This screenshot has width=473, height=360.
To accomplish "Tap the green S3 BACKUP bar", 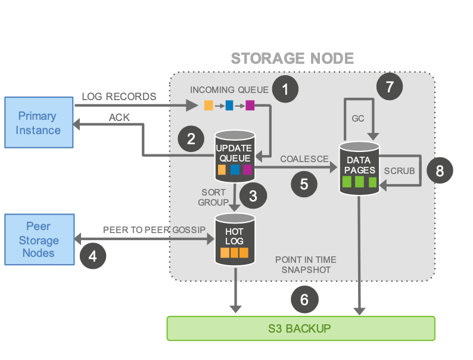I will click(x=300, y=328).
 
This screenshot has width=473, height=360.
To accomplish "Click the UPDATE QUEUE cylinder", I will click(x=235, y=158).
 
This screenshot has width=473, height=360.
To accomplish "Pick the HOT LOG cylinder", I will click(x=235, y=238).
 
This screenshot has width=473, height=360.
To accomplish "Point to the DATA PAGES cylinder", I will click(x=359, y=167).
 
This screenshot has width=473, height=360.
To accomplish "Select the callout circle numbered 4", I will click(x=92, y=255).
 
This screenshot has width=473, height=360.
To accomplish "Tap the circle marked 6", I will click(x=304, y=299).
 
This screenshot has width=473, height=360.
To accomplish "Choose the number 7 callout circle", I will click(x=390, y=86).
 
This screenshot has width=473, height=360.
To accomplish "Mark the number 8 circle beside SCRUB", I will click(x=440, y=171).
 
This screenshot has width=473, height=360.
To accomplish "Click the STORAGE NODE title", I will click(x=292, y=58).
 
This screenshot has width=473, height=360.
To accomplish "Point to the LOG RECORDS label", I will click(x=119, y=96).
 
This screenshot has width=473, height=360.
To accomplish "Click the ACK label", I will click(x=119, y=117).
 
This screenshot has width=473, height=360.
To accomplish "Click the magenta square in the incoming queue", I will click(x=250, y=106).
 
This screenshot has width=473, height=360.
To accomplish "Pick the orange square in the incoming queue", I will click(x=209, y=106).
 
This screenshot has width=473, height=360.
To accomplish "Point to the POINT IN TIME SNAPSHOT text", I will click(x=306, y=265).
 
